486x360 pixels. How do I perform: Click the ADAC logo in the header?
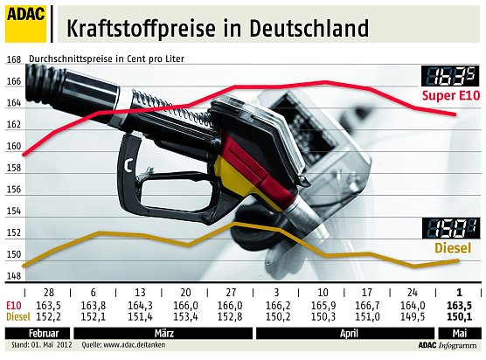27,23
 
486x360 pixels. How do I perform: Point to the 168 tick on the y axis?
13,59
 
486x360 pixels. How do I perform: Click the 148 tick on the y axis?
13,276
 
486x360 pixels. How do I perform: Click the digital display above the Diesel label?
448,229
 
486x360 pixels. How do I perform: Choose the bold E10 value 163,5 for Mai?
461,305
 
